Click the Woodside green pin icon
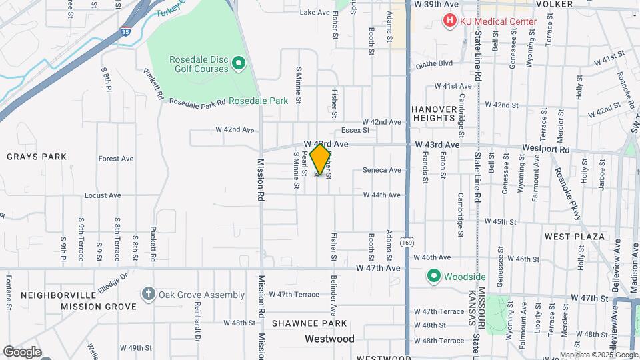[x=433, y=276]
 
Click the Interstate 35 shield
[x=125, y=31]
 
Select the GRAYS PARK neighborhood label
[x=37, y=157]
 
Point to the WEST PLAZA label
[x=574, y=237]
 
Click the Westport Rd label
[x=547, y=150]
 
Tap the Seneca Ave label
[x=381, y=170]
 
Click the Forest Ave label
[x=115, y=159]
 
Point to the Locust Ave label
[x=103, y=195]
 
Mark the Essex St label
[x=355, y=130]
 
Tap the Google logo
[x=21, y=351]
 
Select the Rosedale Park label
[x=258, y=101]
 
